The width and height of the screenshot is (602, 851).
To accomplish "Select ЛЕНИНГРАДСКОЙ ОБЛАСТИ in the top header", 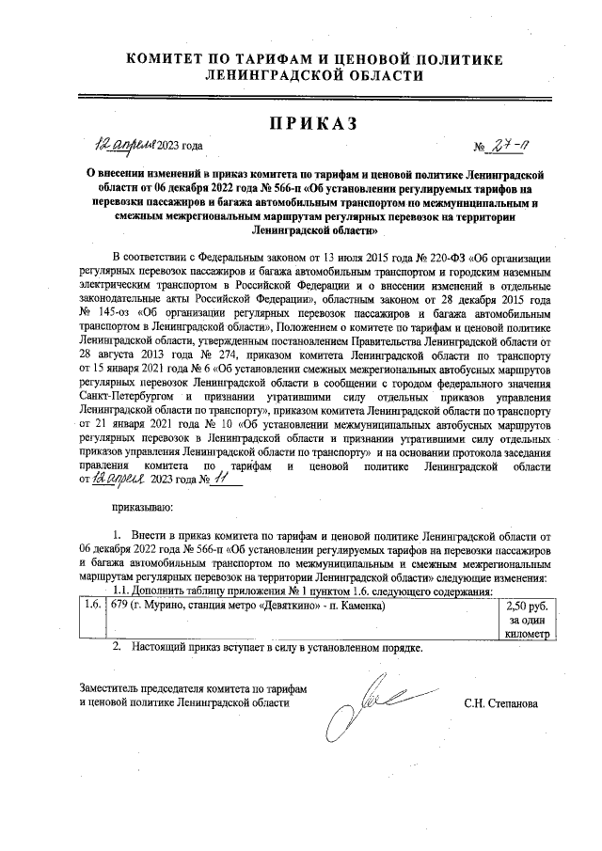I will [x=301, y=76].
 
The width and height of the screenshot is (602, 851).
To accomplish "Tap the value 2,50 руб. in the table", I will [x=526, y=606].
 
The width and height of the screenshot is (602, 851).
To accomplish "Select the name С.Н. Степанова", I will [x=500, y=702].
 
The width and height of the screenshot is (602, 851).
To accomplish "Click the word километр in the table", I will [x=526, y=636].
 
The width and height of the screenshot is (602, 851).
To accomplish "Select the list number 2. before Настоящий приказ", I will [x=118, y=649].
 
